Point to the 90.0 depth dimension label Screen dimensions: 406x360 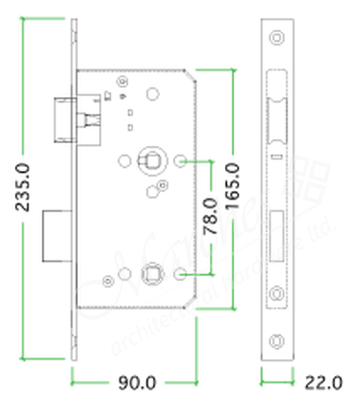pos(137,384)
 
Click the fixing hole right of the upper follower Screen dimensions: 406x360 pos(180,161)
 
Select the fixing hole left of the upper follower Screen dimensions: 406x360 pos(124,161)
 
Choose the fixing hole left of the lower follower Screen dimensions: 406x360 pos(125,274)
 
